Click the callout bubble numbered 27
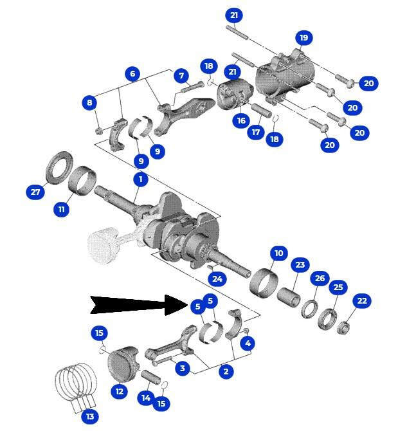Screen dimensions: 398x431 (x=35, y=192)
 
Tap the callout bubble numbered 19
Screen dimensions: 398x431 (x=303, y=38)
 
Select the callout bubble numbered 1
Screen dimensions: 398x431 (x=141, y=179)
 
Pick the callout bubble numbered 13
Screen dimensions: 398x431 (x=90, y=416)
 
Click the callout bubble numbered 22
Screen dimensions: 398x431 (x=361, y=300)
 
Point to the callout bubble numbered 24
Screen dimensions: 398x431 (x=217, y=279)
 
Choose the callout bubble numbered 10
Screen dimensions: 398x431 (x=278, y=253)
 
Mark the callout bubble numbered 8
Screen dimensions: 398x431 (x=89, y=103)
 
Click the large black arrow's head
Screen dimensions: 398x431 (x=176, y=305)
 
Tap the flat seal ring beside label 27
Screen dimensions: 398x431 (x=60, y=167)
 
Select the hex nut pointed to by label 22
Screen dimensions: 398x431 (x=343, y=327)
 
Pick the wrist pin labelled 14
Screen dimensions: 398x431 (x=150, y=378)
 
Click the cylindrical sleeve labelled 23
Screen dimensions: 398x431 (x=288, y=298)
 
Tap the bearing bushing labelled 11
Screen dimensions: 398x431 (x=82, y=181)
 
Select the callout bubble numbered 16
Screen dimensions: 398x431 (x=241, y=120)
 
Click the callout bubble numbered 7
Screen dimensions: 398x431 (x=181, y=76)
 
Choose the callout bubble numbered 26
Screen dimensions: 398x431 (x=320, y=278)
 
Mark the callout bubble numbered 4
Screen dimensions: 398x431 (x=248, y=343)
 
